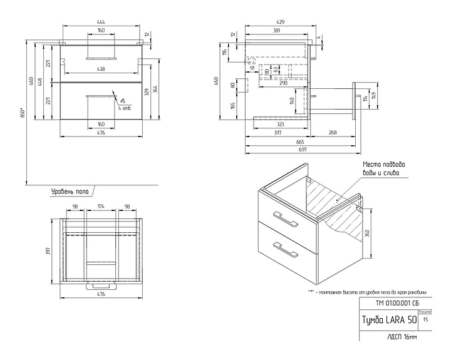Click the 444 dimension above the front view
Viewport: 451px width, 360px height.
(101, 23)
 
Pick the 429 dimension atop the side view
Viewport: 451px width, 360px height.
(280, 23)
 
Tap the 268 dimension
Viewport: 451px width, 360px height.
(333, 133)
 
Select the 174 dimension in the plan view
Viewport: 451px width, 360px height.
(101, 206)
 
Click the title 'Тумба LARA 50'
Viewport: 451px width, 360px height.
(388, 319)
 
